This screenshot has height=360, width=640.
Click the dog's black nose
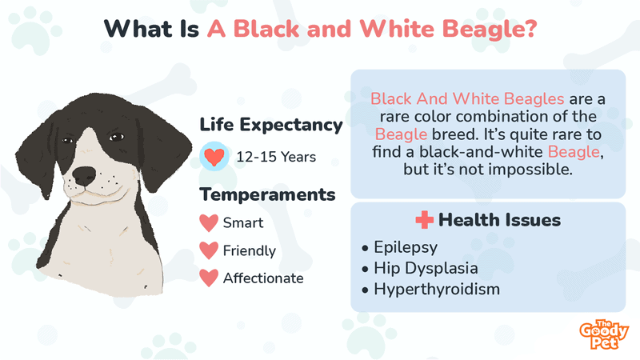[x=84, y=176]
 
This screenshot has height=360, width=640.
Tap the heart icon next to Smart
[x=209, y=223]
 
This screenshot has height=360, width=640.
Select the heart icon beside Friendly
[x=209, y=250]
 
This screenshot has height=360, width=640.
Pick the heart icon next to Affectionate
[x=209, y=278]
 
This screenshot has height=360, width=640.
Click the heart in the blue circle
[x=214, y=157]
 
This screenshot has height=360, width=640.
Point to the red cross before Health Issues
[x=425, y=219]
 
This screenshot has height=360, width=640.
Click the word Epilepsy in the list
[x=406, y=247]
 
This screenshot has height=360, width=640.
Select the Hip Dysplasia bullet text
[x=426, y=268]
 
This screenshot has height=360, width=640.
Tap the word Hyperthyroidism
[x=437, y=290]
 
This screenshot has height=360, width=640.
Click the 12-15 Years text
[x=276, y=157]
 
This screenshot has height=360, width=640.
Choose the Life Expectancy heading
[x=271, y=125]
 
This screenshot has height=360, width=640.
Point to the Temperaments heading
[x=267, y=194]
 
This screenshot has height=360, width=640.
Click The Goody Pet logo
[x=604, y=334]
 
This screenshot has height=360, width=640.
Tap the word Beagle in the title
[x=490, y=30]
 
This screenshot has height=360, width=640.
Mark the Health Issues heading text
[x=499, y=220]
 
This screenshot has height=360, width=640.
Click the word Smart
[x=243, y=223]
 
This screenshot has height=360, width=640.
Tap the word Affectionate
[x=263, y=278]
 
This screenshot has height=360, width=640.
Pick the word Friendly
[x=250, y=250]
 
